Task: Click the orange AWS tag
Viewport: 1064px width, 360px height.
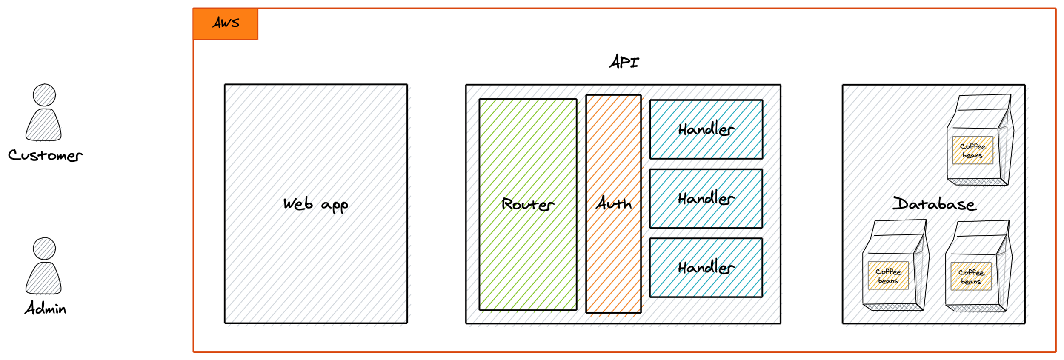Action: click(226, 23)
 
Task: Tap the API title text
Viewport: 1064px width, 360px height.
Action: click(624, 62)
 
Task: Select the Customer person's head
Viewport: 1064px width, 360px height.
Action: click(44, 95)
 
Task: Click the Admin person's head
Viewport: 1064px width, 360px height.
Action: click(44, 249)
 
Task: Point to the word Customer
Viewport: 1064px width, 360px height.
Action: click(45, 155)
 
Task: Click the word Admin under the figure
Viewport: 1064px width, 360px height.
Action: click(45, 308)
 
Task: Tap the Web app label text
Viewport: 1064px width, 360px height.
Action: click(315, 205)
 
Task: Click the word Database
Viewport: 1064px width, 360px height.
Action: click(935, 204)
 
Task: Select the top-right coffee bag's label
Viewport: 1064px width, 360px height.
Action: click(972, 150)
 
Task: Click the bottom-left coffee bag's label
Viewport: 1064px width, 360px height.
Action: click(888, 276)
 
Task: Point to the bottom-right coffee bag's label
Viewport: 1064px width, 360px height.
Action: click(971, 277)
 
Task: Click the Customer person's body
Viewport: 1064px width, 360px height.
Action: click(43, 126)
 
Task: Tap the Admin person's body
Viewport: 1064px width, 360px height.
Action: click(43, 279)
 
